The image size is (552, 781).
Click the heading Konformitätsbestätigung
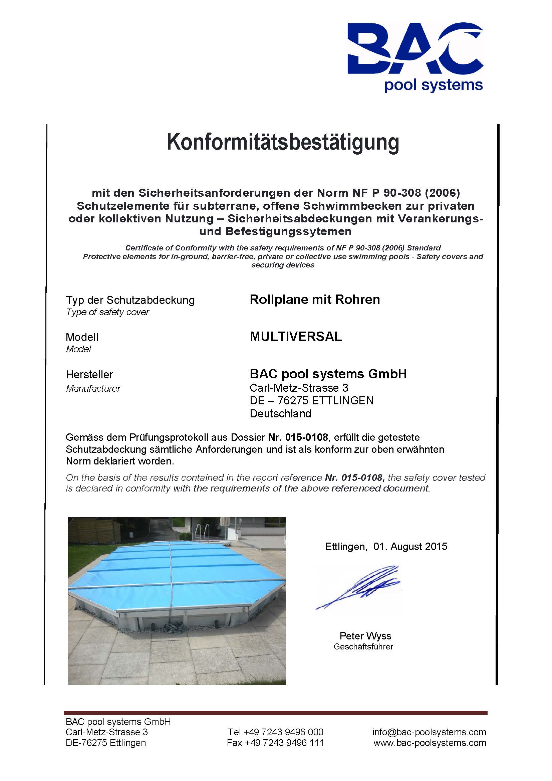pos(283,142)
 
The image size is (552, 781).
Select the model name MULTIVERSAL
pos(296,337)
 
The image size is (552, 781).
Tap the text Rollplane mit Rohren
pos(315,300)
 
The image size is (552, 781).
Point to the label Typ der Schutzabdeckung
pos(130,301)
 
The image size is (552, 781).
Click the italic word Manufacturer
pos(93,388)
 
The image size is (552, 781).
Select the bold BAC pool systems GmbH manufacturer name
pos(328,374)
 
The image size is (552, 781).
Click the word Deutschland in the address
pos(280,414)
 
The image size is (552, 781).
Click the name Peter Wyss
pos(365,636)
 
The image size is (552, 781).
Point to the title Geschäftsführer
pos(363,647)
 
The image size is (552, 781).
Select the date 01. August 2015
pos(410,547)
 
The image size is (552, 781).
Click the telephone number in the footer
pos(275,732)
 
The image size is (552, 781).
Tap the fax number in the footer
pos(275,743)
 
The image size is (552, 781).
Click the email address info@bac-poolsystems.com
pos(429,732)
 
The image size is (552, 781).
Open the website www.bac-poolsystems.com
pos(430,743)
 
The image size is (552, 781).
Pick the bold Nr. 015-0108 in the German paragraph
pos(298,437)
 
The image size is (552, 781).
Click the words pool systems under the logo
pos(434,85)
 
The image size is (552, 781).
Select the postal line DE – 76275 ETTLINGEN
pos(312,401)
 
